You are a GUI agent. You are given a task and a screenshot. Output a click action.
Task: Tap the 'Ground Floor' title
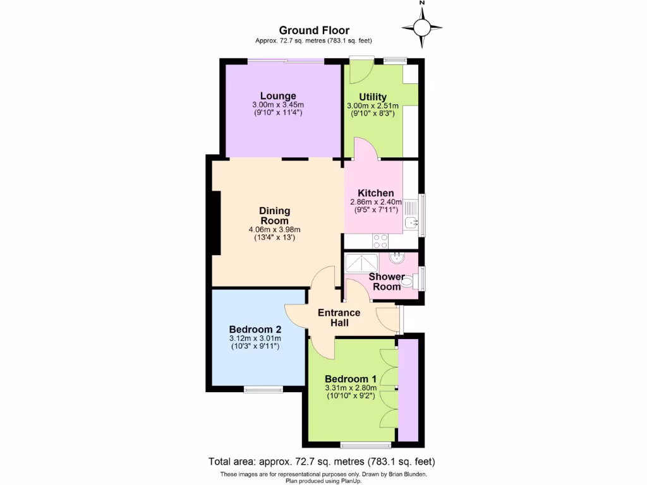coord(314,30)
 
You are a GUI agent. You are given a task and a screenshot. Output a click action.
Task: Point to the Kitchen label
coord(376,193)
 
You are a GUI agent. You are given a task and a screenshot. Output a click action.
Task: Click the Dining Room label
coord(274,216)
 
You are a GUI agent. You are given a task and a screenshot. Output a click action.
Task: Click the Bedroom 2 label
coord(255,329)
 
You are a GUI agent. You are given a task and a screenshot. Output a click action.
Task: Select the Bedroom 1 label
coord(350,378)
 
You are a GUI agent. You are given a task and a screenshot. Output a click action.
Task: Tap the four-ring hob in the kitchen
coord(380,240)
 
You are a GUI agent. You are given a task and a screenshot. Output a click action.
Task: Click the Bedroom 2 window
coord(264,389)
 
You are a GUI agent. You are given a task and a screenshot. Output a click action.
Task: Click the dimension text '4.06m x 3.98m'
coord(274,230)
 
